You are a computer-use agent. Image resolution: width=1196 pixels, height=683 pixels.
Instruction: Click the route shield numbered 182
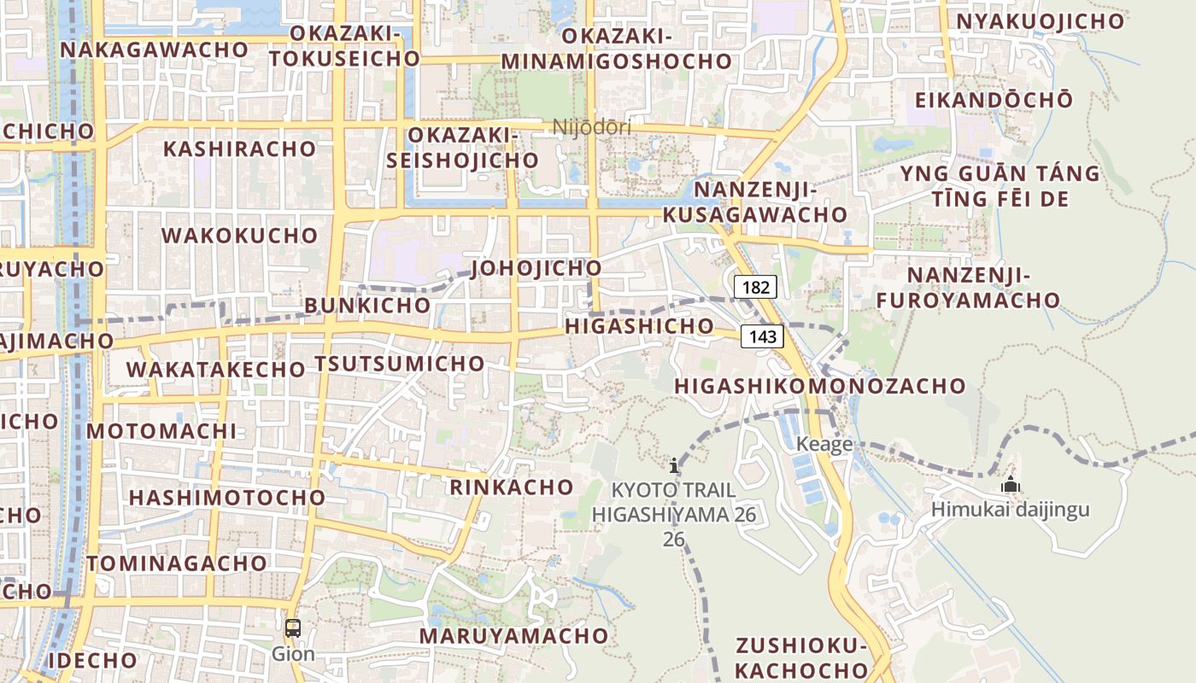pyautogui.click(x=755, y=287)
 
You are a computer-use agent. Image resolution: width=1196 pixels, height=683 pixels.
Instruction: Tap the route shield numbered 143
pyautogui.click(x=762, y=336)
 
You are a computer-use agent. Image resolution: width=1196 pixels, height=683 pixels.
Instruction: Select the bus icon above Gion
pyautogui.click(x=293, y=628)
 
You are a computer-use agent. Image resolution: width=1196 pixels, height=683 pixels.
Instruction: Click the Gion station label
pyautogui.click(x=293, y=654)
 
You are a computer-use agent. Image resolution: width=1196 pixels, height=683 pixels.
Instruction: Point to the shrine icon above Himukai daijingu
pyautogui.click(x=1011, y=485)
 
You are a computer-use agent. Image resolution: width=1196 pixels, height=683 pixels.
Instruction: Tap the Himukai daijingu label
pyautogui.click(x=1011, y=510)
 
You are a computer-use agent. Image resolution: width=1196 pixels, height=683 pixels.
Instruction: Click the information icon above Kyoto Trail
pyautogui.click(x=674, y=465)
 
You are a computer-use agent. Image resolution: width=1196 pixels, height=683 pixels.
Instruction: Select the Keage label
pyautogui.click(x=824, y=444)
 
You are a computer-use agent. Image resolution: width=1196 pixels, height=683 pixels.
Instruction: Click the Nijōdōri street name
pyautogui.click(x=592, y=127)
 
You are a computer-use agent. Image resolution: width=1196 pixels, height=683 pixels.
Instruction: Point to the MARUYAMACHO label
pyautogui.click(x=513, y=636)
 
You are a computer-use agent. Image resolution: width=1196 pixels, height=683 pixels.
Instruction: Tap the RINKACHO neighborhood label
pyautogui.click(x=512, y=487)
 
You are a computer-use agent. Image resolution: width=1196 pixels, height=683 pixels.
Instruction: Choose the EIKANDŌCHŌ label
pyautogui.click(x=994, y=100)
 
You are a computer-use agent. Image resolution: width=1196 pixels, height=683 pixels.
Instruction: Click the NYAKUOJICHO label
pyautogui.click(x=1040, y=21)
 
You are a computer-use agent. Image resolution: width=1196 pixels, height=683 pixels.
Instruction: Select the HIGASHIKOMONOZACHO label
pyautogui.click(x=820, y=386)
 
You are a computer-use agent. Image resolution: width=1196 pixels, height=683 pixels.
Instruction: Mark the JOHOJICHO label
pyautogui.click(x=536, y=268)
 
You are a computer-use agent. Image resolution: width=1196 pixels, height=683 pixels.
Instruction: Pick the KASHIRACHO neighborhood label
pyautogui.click(x=239, y=149)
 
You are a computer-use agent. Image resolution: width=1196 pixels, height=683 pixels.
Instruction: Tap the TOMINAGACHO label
pyautogui.click(x=177, y=563)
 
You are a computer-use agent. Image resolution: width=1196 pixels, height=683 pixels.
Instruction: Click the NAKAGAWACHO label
pyautogui.click(x=154, y=50)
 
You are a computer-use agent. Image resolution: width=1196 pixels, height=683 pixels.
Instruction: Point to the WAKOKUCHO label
pyautogui.click(x=239, y=236)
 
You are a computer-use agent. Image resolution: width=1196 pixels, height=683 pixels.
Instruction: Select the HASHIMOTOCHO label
pyautogui.click(x=227, y=497)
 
